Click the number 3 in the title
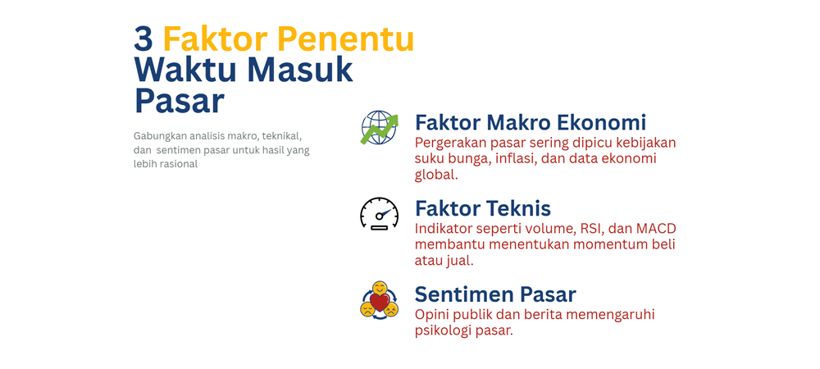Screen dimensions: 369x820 144,39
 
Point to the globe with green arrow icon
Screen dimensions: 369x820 379,129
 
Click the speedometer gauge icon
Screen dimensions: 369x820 379,213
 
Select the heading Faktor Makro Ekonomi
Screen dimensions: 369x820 531,123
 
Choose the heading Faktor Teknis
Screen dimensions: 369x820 482,208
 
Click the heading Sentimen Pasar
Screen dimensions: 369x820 495,294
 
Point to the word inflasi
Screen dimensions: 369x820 513,158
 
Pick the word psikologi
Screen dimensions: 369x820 447,330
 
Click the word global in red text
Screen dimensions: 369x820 435,175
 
